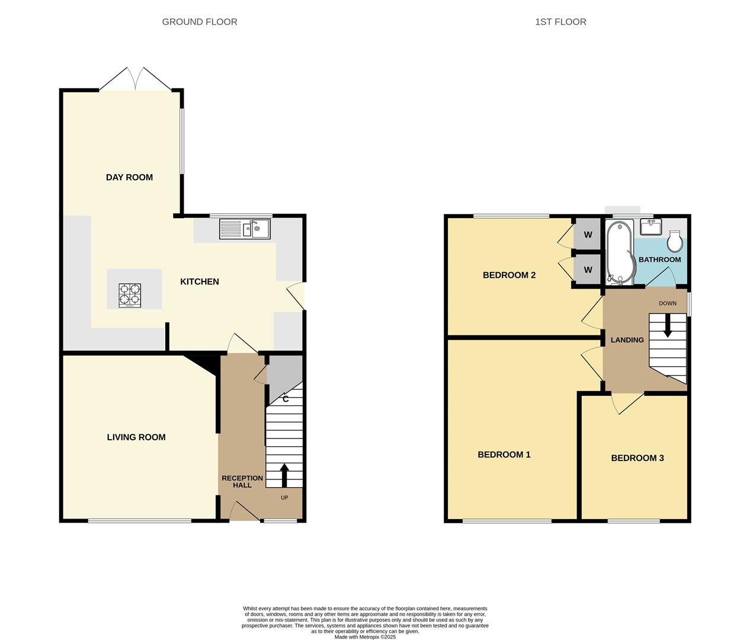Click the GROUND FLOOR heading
point(200,22)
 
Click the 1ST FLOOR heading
point(560,22)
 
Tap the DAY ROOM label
point(129,177)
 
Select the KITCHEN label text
point(200,281)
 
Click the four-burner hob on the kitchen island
point(130,295)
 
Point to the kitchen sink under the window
point(245,229)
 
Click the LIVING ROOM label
point(136,437)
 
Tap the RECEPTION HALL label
point(242,481)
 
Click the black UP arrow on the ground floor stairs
point(284,475)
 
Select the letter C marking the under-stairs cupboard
point(286,399)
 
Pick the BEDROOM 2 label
point(509,275)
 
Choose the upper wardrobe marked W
point(588,235)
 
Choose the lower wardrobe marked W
point(588,270)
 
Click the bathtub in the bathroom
point(620,252)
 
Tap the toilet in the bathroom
point(675,241)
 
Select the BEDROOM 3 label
point(637,458)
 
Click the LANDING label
point(627,340)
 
